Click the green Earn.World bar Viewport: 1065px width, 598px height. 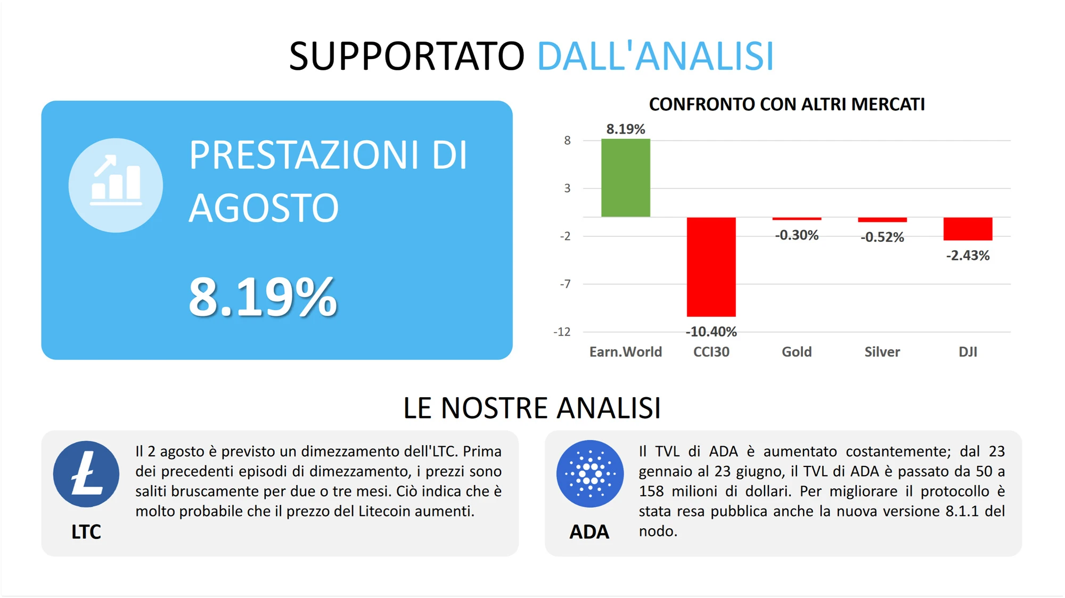click(x=626, y=178)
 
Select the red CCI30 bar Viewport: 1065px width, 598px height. click(x=711, y=267)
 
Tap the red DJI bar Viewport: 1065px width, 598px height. click(x=968, y=229)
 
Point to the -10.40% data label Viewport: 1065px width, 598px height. click(x=711, y=332)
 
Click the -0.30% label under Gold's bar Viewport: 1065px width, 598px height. click(x=797, y=235)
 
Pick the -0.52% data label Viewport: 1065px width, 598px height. click(x=882, y=237)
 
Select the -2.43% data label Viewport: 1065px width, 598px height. click(x=968, y=256)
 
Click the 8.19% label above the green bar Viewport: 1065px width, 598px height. click(x=626, y=129)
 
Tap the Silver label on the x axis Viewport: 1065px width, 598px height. click(x=882, y=352)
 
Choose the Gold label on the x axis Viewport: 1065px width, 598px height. click(x=797, y=352)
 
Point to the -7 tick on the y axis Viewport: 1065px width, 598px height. click(x=566, y=284)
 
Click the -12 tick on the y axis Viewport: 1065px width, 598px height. click(x=562, y=332)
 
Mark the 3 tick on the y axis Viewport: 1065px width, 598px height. click(x=568, y=188)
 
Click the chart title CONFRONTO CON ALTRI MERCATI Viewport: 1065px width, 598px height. click(x=787, y=104)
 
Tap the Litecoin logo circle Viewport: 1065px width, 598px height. click(x=86, y=474)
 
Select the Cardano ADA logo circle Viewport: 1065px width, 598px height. click(x=590, y=473)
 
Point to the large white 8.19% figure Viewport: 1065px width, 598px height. click(x=263, y=297)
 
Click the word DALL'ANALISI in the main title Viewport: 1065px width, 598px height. click(x=656, y=56)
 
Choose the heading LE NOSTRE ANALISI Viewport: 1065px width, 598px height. click(x=532, y=408)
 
